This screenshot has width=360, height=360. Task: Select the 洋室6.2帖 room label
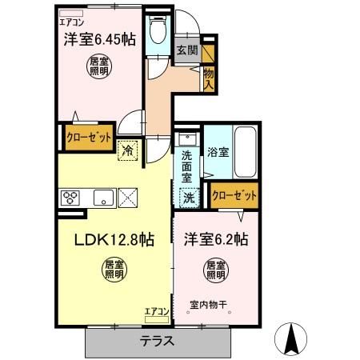(216, 238)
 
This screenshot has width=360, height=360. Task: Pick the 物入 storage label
(209, 76)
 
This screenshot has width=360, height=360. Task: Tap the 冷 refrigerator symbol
(128, 150)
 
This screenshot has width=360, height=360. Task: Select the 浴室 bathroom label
(218, 150)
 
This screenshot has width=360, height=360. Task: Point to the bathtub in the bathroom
(246, 151)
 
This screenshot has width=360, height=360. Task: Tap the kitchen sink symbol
(102, 197)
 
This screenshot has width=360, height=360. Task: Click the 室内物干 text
(211, 305)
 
